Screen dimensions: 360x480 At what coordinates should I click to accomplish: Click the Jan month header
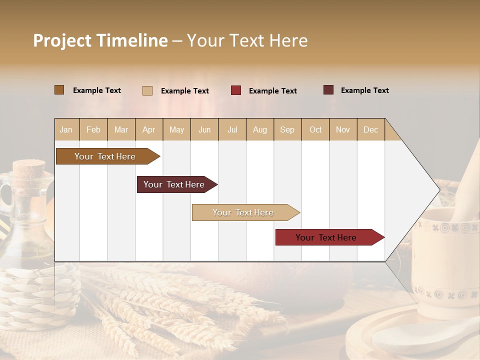point(66,129)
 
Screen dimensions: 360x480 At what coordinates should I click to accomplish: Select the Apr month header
point(149,129)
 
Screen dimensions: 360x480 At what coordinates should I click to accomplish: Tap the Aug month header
point(260,129)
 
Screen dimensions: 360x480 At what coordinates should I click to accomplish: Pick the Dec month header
point(371,129)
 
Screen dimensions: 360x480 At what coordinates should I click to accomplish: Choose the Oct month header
point(315,129)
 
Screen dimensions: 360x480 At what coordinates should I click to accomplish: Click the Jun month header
point(204,129)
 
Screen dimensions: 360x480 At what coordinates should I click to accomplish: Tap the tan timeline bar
point(243,212)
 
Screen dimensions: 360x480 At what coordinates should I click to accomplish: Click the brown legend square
point(59,90)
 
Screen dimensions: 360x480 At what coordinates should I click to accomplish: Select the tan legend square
point(147,90)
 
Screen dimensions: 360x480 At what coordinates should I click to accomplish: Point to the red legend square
point(236,90)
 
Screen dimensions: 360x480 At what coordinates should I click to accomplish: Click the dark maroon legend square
point(328,90)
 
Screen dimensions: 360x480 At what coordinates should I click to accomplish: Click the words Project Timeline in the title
point(100,40)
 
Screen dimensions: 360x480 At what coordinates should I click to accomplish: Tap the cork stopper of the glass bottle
point(28,170)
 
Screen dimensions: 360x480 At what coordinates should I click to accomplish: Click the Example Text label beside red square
point(272,91)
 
